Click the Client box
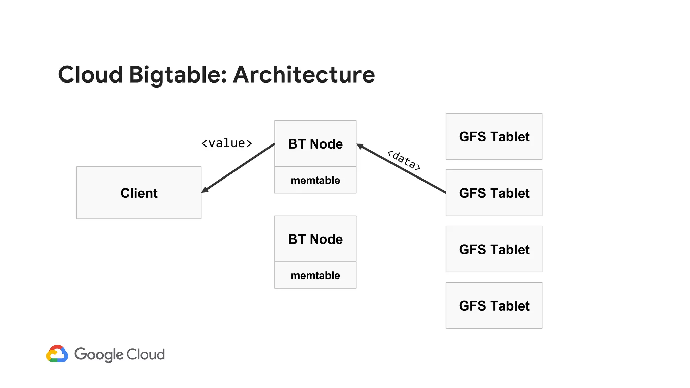(139, 193)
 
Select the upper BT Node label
(315, 144)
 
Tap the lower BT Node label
(315, 239)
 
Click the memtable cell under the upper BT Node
(315, 180)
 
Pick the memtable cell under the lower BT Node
(315, 276)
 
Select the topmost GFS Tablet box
(494, 136)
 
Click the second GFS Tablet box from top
(494, 193)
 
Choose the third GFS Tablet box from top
(494, 249)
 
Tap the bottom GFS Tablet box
(494, 305)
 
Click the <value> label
(226, 143)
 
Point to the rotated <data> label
(404, 160)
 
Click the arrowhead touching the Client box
(205, 190)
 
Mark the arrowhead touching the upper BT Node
(360, 146)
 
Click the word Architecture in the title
(304, 74)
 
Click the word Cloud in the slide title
(90, 74)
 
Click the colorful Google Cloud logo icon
(57, 354)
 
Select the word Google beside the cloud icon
(99, 354)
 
